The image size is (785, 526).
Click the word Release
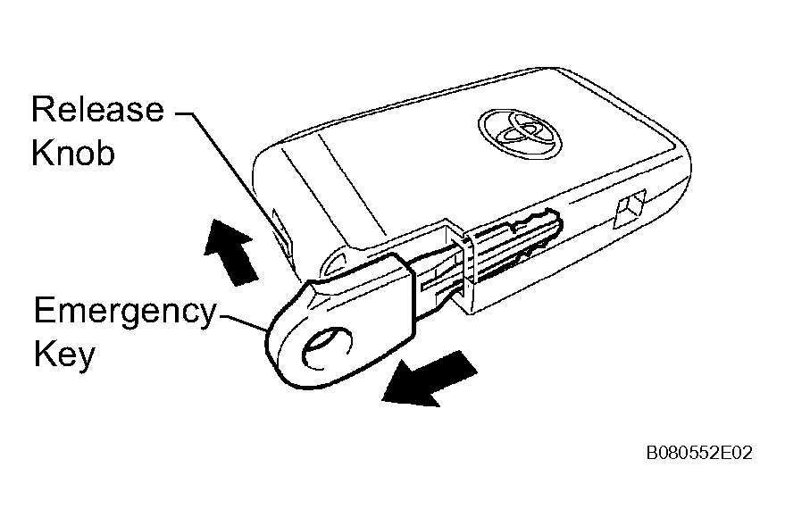point(97,109)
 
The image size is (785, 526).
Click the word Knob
point(73,152)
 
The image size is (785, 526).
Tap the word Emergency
point(125,313)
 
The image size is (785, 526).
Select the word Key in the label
point(64,355)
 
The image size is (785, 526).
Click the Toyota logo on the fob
point(520,134)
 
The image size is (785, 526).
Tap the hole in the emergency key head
point(327,349)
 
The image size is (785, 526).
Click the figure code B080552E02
point(699,453)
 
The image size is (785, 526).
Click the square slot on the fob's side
point(630,209)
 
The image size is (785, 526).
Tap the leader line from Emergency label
point(244,322)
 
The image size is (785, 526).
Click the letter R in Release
point(42,109)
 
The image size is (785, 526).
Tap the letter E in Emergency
point(44,310)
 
